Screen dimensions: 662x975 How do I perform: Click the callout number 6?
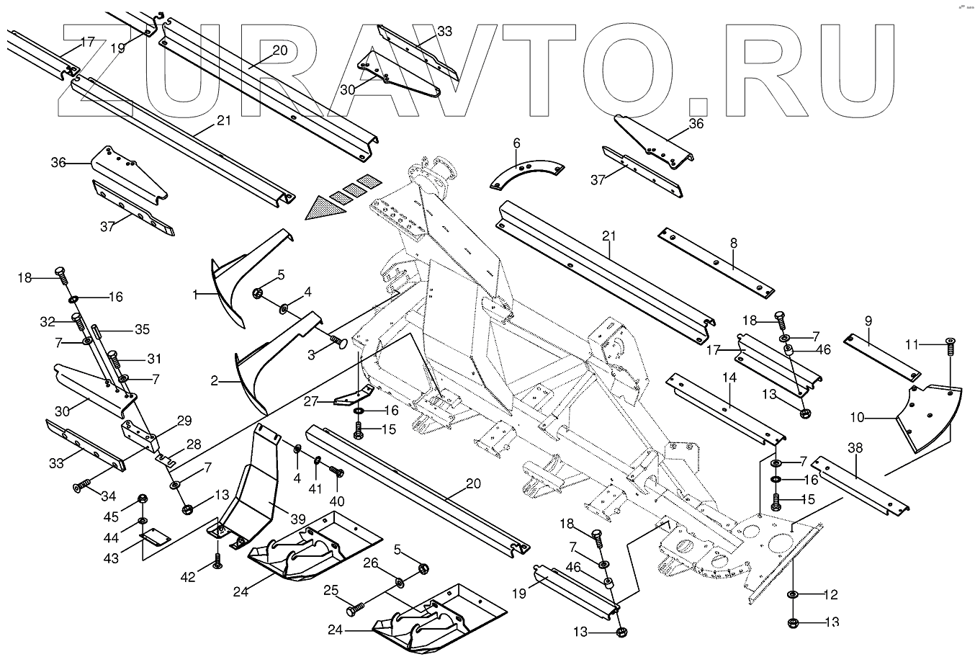click(516, 143)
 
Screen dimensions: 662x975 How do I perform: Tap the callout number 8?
click(733, 243)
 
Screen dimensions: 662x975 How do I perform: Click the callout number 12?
click(830, 594)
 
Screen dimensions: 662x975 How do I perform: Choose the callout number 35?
click(142, 331)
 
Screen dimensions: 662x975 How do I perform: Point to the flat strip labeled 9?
click(882, 357)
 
